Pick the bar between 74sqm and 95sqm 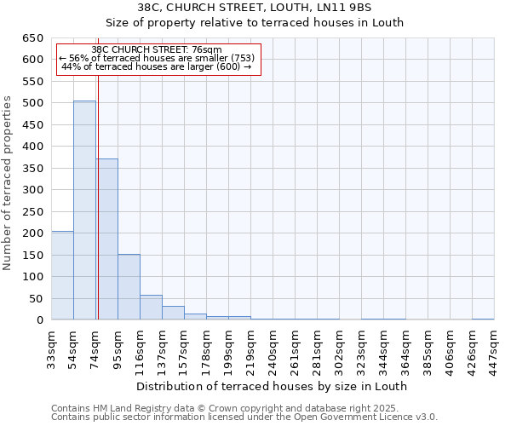point(106,239)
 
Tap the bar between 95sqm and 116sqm point(129,287)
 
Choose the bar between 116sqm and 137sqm point(151,308)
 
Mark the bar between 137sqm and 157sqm point(173,313)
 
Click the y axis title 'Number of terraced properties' point(9,183)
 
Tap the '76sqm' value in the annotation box point(207,50)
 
